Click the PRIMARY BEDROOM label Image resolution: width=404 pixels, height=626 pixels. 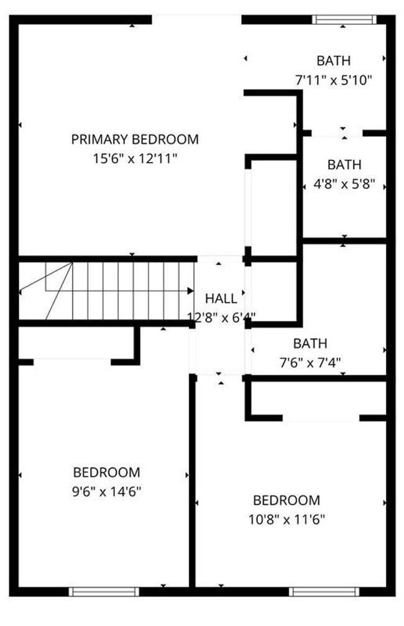135,139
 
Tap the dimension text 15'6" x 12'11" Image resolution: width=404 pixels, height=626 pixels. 135,159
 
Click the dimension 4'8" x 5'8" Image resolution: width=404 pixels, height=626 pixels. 344,185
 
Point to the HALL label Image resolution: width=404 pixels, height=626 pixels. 221,298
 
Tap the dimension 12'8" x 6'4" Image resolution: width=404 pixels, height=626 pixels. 221,317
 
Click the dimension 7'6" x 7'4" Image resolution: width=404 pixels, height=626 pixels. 310,362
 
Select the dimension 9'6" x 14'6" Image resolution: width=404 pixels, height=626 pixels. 108,492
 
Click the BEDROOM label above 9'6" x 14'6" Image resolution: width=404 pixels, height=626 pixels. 106,472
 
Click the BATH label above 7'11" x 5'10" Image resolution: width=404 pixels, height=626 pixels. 334,61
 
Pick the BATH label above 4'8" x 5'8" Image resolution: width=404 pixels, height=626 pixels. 344,165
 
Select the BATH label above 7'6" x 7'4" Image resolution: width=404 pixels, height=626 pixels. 310,343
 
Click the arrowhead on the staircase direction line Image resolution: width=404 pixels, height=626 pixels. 190,290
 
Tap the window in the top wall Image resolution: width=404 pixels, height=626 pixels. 344,19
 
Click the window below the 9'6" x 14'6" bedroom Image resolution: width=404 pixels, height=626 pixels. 104,591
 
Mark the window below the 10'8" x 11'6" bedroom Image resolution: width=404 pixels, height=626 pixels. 317,591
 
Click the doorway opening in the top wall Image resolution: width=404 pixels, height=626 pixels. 196,19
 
